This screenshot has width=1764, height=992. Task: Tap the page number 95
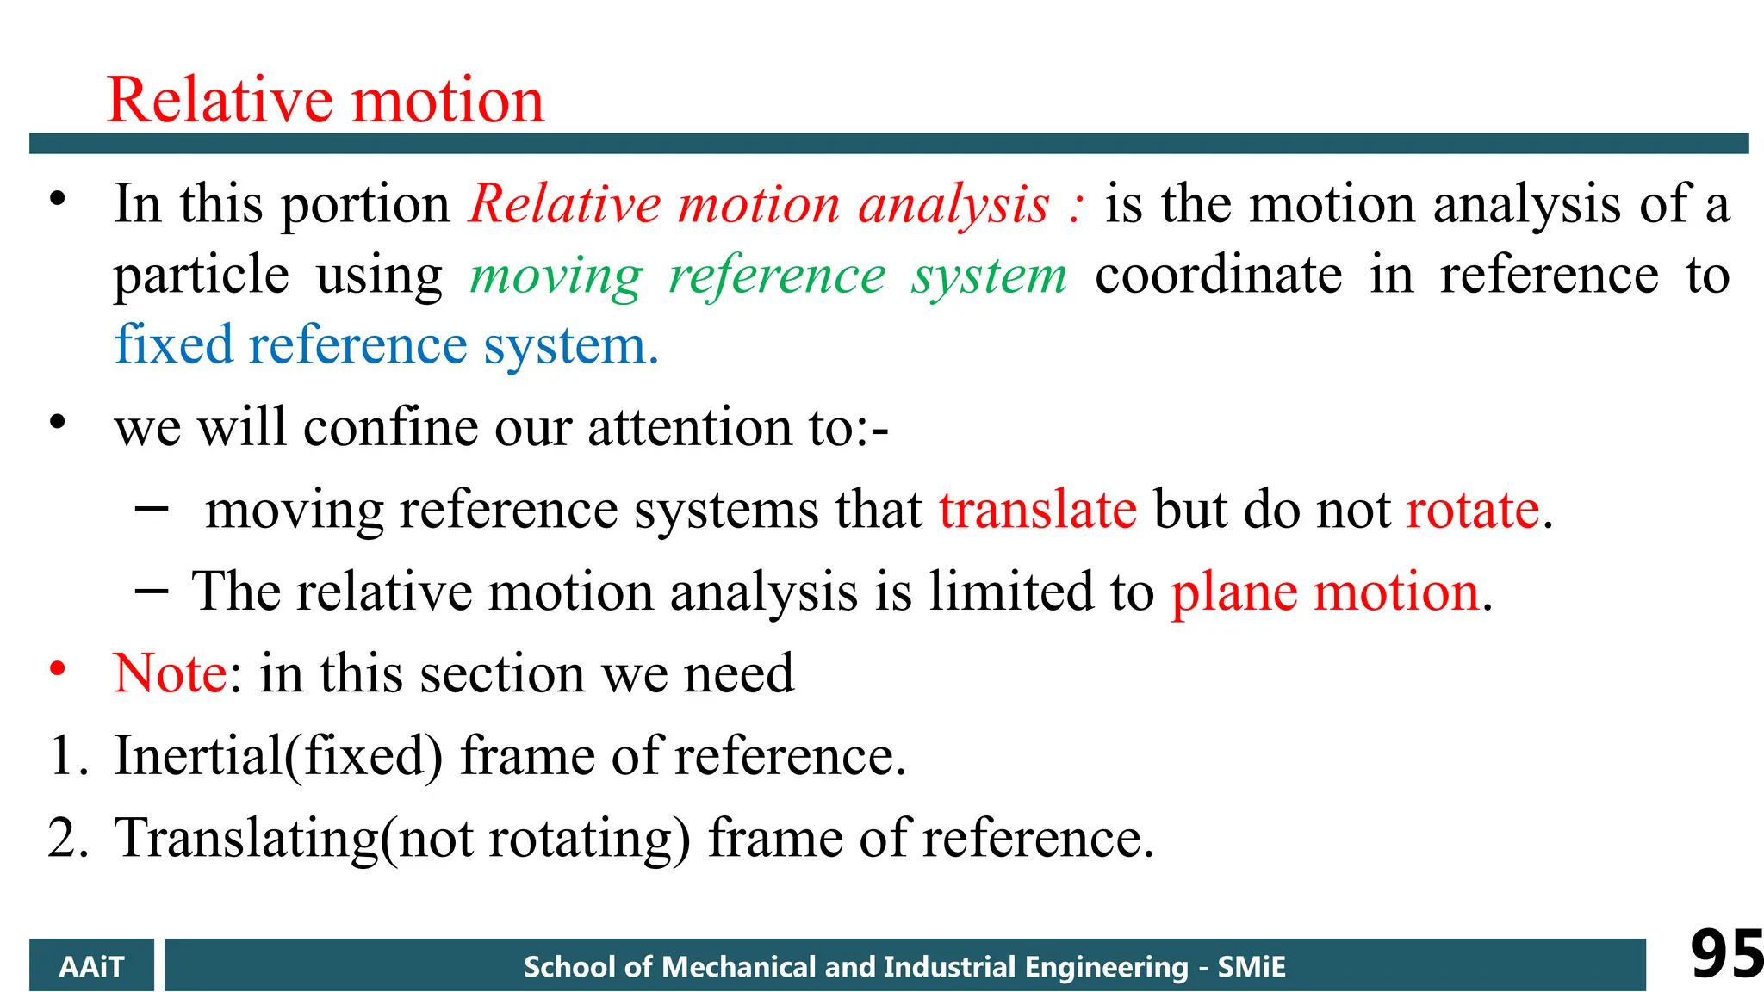point(1725,954)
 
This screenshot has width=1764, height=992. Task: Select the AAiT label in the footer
point(91,966)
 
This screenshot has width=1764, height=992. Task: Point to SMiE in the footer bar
point(1252,966)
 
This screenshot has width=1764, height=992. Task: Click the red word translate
point(1038,509)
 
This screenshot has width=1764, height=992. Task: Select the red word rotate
point(1473,509)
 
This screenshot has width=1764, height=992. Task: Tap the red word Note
point(171,673)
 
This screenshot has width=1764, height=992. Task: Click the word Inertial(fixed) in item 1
point(278,755)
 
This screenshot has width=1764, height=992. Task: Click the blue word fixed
point(174,344)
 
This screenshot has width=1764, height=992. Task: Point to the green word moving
point(556,276)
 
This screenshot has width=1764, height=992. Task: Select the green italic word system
point(990,276)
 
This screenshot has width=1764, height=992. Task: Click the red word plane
point(1233,592)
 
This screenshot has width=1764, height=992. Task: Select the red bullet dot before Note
point(58,668)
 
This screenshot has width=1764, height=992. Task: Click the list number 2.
point(65,838)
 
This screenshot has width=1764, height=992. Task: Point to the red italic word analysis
point(953,205)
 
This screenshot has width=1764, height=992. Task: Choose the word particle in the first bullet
point(202,276)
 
